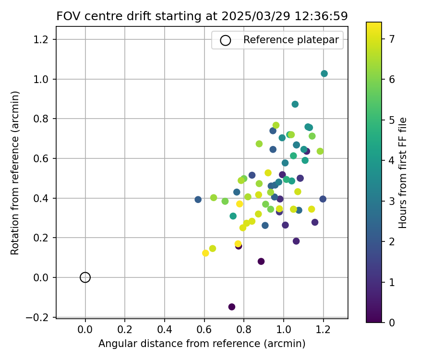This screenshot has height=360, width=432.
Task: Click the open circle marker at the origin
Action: click(x=85, y=277)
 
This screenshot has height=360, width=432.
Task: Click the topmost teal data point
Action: click(x=324, y=73)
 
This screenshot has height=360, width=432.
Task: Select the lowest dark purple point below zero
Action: click(x=232, y=307)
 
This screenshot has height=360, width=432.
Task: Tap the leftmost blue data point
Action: click(x=198, y=199)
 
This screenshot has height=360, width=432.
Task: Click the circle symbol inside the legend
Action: click(x=225, y=40)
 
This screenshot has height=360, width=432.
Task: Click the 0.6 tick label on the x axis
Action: click(x=204, y=331)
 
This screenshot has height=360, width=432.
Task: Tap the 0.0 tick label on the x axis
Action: click(x=85, y=331)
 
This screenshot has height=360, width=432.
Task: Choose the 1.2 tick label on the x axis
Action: click(x=323, y=331)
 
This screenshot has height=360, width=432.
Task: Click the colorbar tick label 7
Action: click(x=392, y=39)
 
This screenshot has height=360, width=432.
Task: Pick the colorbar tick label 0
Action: click(x=392, y=323)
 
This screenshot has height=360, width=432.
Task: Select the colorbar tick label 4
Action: click(x=392, y=160)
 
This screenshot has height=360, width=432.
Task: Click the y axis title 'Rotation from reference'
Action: click(x=15, y=173)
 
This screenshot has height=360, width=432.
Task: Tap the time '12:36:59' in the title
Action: click(x=324, y=16)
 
